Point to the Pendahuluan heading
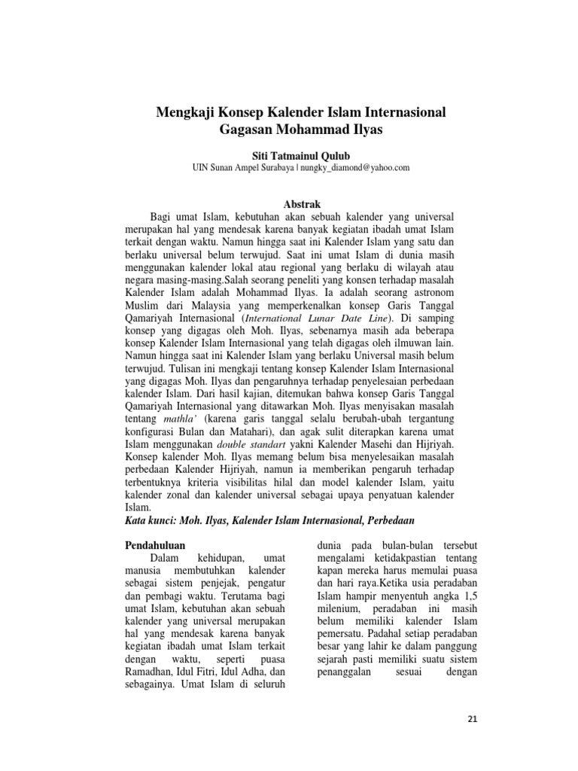pos(154,543)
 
